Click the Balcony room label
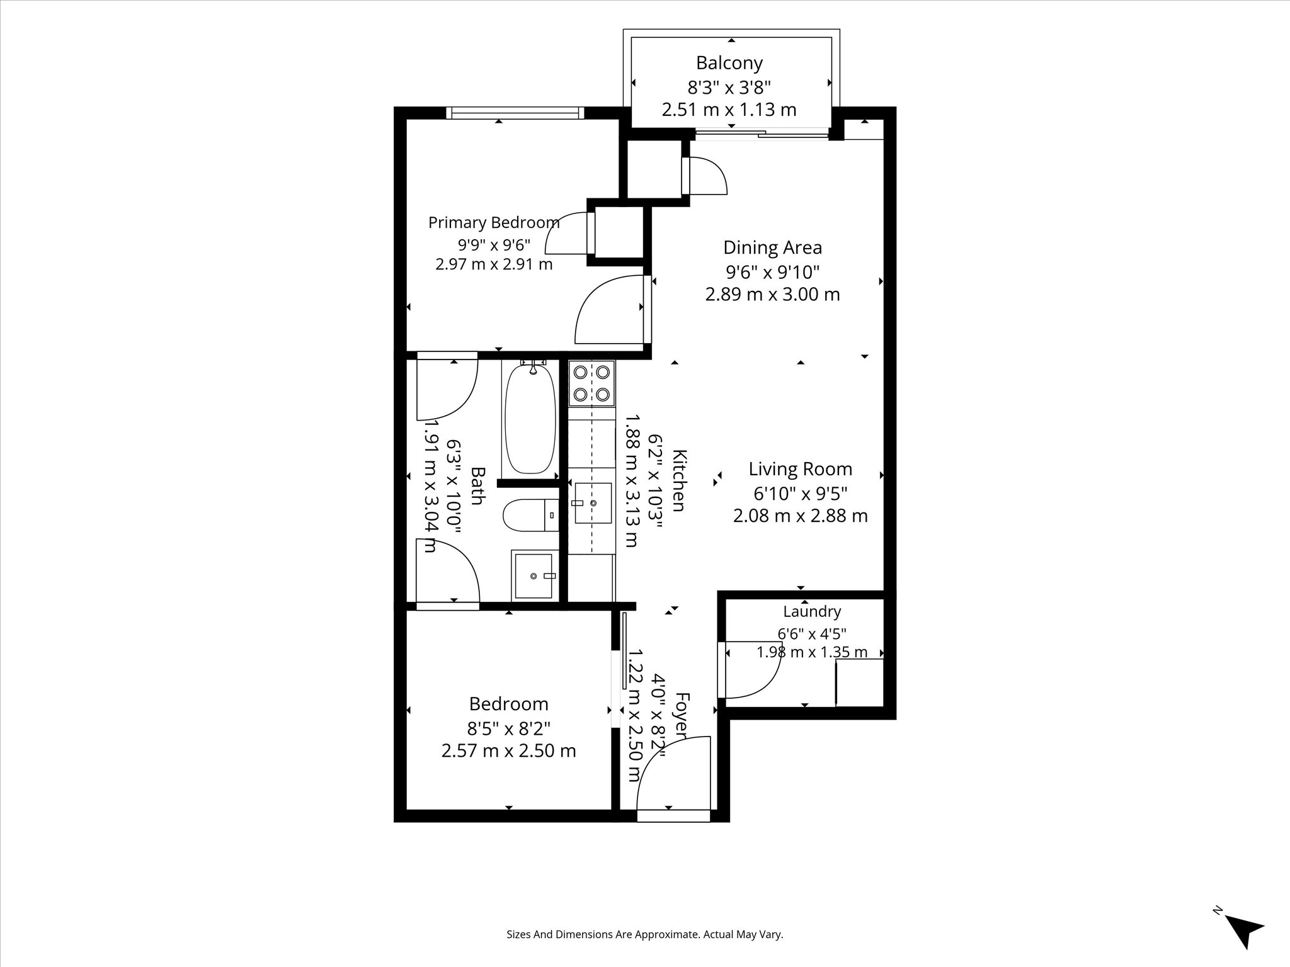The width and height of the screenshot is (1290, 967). (729, 63)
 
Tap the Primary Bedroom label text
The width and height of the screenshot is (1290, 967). (494, 223)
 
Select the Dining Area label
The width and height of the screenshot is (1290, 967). (772, 247)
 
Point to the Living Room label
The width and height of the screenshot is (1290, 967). (800, 469)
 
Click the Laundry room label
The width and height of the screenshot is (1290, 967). (812, 611)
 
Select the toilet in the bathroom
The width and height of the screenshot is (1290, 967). (530, 515)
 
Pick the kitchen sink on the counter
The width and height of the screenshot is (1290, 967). (593, 503)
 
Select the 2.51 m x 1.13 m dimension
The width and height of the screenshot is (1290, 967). (729, 110)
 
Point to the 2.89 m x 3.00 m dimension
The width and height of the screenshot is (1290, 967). (772, 294)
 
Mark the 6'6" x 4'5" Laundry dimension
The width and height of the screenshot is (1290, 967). (812, 633)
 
